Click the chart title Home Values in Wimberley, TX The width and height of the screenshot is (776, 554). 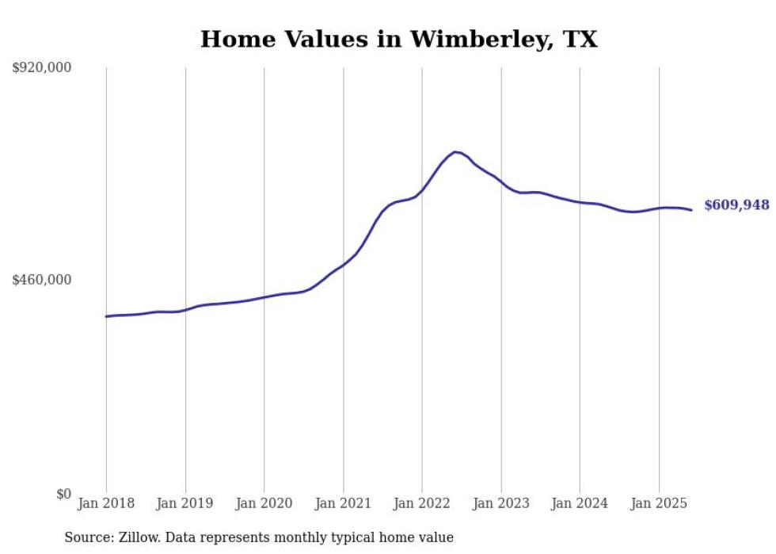pyautogui.click(x=398, y=40)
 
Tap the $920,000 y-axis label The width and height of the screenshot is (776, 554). pyautogui.click(x=42, y=68)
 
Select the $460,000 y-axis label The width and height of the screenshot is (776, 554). pyautogui.click(x=42, y=280)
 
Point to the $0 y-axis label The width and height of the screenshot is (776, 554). pyautogui.click(x=63, y=494)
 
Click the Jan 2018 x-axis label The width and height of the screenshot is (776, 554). pyautogui.click(x=106, y=503)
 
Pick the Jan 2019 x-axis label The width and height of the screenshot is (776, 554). pyautogui.click(x=185, y=503)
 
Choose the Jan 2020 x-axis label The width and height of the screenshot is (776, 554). pyautogui.click(x=264, y=503)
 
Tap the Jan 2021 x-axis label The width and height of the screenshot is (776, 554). pyautogui.click(x=343, y=503)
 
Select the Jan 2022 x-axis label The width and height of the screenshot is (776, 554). pyautogui.click(x=422, y=503)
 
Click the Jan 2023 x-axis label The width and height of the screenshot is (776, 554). pyautogui.click(x=500, y=503)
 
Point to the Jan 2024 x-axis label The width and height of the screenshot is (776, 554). pyautogui.click(x=580, y=503)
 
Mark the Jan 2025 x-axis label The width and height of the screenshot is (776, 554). pyautogui.click(x=659, y=503)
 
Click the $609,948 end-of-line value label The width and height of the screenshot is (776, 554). pyautogui.click(x=736, y=205)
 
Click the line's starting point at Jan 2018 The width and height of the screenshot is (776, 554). pyautogui.click(x=107, y=316)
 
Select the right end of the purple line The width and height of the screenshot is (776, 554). pyautogui.click(x=691, y=210)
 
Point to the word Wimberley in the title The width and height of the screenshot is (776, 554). pyautogui.click(x=475, y=40)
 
